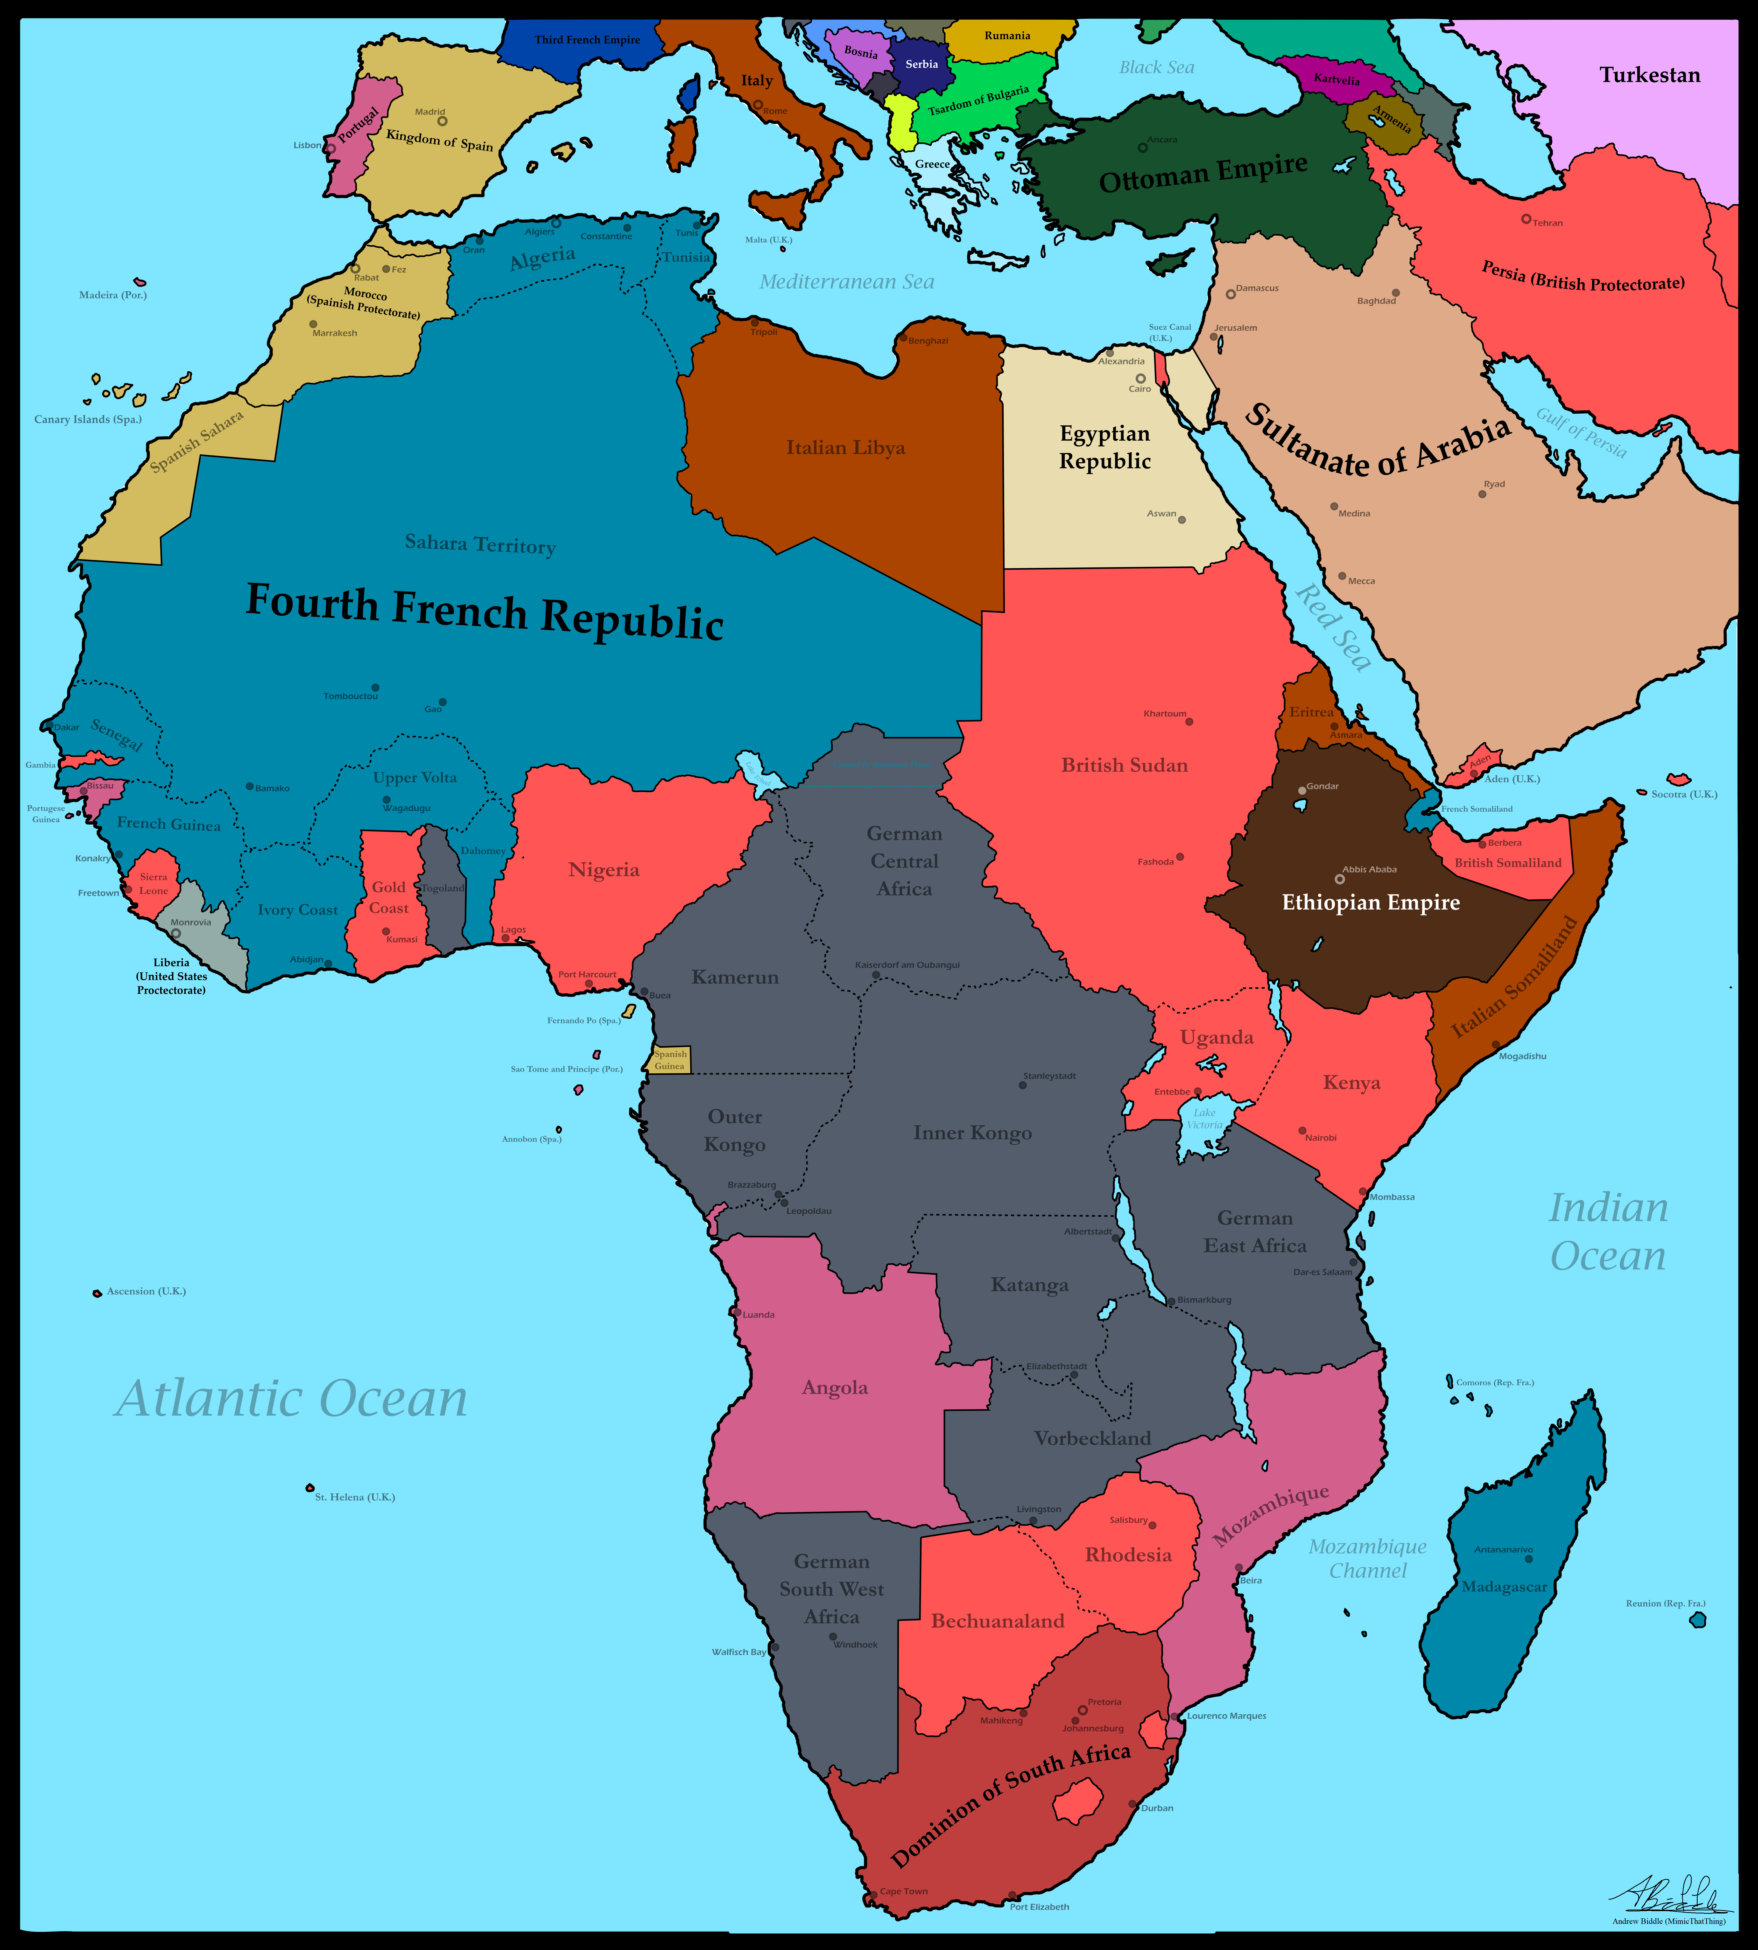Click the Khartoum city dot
click(x=1189, y=721)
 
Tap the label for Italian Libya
click(x=845, y=447)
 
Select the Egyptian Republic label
click(x=1105, y=447)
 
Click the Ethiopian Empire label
click(x=1371, y=902)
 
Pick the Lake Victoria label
click(x=1205, y=1118)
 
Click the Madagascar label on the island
click(x=1504, y=1587)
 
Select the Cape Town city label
click(x=903, y=1891)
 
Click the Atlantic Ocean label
click(x=292, y=1398)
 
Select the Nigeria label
click(x=604, y=869)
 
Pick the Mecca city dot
click(x=1342, y=576)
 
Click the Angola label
click(x=835, y=1388)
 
